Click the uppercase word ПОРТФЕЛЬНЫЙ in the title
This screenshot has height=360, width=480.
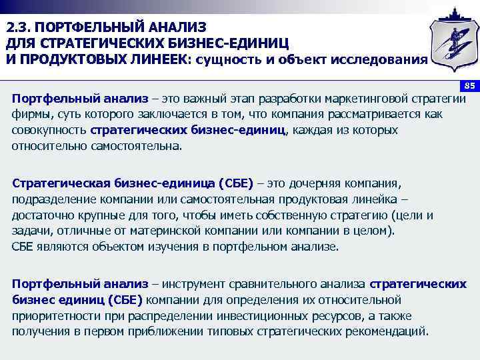tap(87, 28)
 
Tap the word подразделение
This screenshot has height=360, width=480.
tap(51, 199)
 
